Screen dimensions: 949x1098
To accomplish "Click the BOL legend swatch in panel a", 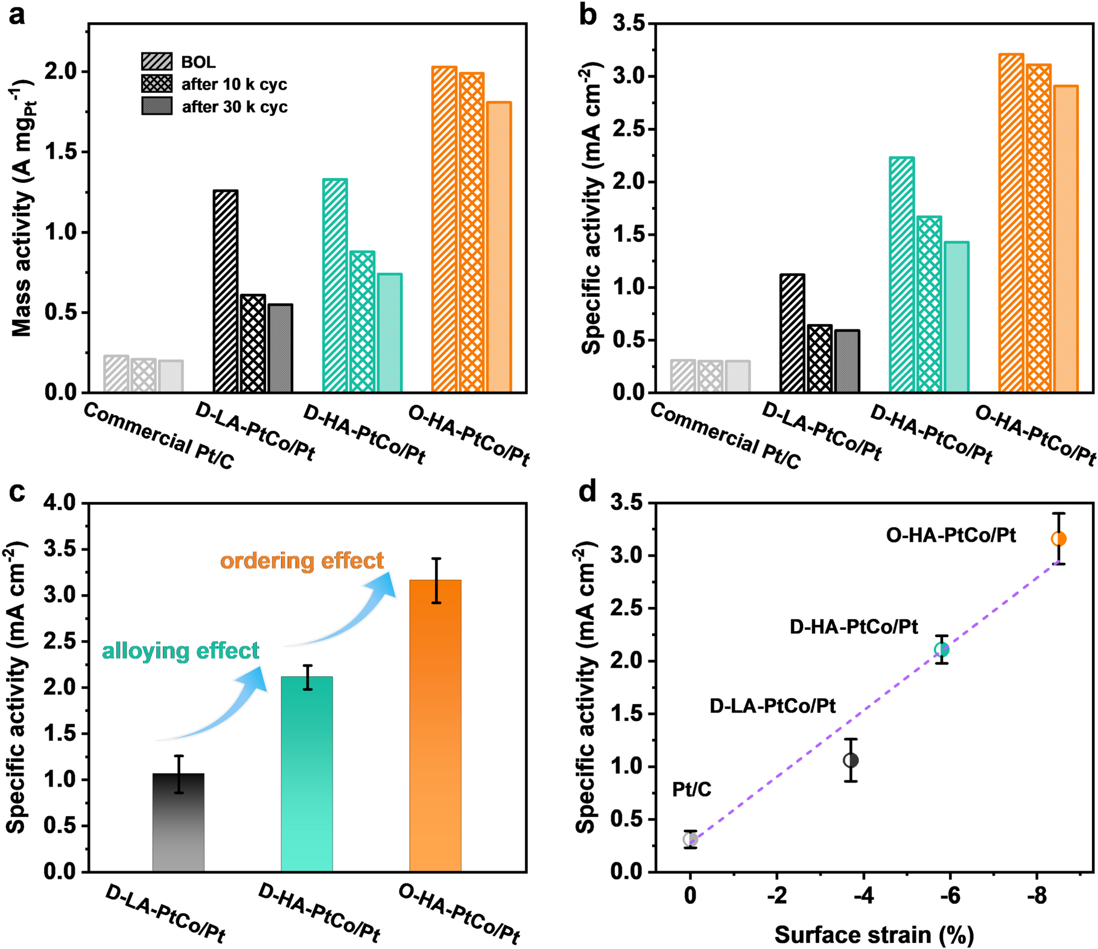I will click(x=156, y=62).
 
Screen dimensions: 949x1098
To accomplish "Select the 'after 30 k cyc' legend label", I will click(x=235, y=107).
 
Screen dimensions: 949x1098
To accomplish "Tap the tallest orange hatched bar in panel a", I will click(x=444, y=229).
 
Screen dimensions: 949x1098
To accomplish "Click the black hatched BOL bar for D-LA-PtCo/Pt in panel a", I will click(x=226, y=291).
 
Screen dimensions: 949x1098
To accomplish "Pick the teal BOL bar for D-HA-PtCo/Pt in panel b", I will click(x=901, y=275).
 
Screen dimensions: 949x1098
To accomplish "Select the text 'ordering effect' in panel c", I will click(x=302, y=560).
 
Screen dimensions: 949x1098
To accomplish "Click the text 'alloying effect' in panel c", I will click(x=180, y=650).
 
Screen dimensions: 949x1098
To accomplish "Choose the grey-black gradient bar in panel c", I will click(x=178, y=822).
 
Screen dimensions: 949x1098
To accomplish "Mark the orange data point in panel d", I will click(x=1058, y=539).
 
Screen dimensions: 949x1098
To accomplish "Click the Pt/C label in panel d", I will click(x=691, y=789).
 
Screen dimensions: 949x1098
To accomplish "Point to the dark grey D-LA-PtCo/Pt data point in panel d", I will click(x=851, y=760).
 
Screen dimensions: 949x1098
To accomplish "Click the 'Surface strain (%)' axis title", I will click(x=874, y=935).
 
